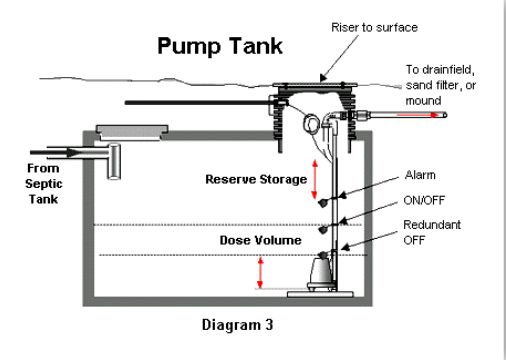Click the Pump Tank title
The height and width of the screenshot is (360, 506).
point(220,46)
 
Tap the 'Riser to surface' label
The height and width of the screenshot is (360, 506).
point(374,27)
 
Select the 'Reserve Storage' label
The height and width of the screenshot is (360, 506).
point(256,179)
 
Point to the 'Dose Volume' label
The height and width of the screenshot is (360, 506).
point(261,240)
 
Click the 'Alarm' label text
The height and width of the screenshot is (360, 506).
point(420,175)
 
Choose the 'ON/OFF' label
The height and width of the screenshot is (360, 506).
point(424,200)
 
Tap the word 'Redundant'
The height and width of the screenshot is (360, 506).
point(432,225)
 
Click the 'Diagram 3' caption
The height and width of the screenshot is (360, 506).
point(237,325)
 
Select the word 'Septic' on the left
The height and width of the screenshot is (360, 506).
point(44,184)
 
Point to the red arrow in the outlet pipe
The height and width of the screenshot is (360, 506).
point(417,115)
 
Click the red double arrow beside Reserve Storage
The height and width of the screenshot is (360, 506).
point(314,179)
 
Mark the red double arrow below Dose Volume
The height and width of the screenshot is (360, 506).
point(260,273)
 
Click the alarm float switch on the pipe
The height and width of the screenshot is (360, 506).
point(323,202)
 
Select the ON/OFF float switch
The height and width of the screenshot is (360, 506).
point(323,229)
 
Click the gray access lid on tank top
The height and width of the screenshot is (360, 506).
point(132,133)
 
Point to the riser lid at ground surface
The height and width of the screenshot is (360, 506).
point(315,85)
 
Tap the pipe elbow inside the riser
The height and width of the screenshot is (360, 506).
point(331,119)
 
